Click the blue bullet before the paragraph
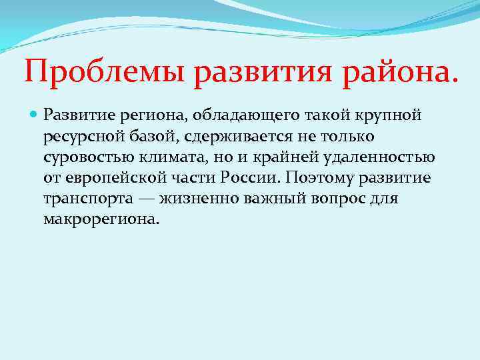coord(34,117)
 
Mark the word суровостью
coord(83,157)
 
